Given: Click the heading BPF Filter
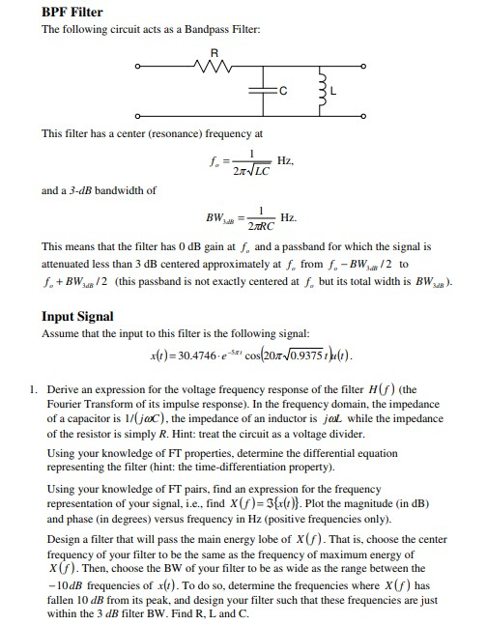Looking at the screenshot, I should [x=72, y=12].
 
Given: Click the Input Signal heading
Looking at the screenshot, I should [x=77, y=316].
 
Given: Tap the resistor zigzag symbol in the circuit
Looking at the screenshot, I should [x=215, y=68].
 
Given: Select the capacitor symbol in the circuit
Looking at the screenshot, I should [x=265, y=92].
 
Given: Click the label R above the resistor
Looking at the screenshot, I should [x=215, y=52].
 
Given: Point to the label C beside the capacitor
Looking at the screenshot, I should [x=282, y=93].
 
